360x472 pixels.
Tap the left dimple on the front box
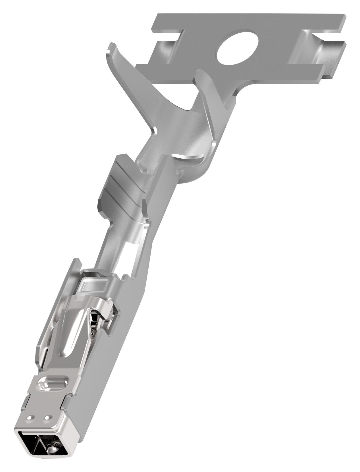pyautogui.click(x=30, y=418)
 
